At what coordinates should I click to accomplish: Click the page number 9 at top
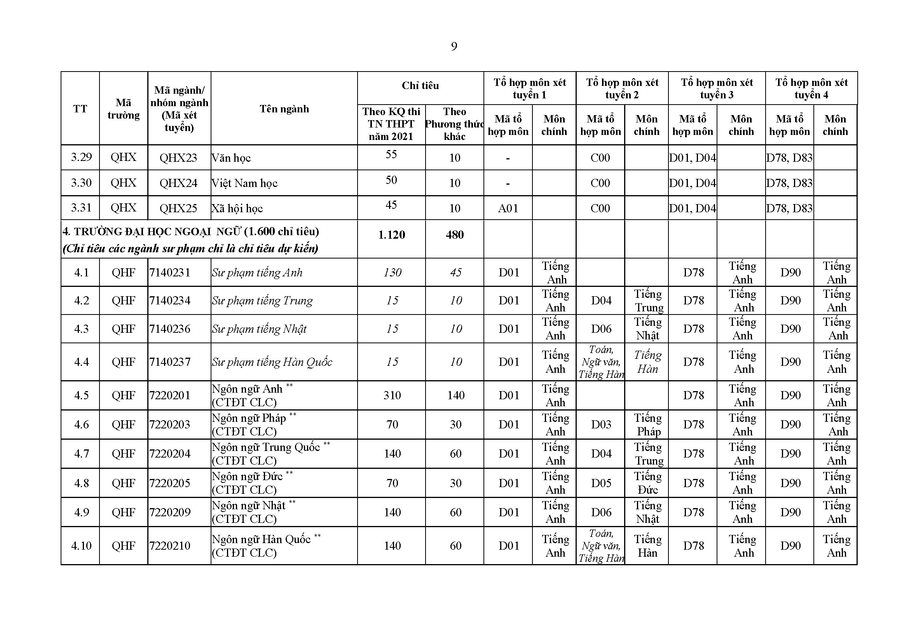(x=454, y=47)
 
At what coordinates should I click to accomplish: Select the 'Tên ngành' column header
(x=284, y=109)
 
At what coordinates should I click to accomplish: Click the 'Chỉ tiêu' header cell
(x=420, y=86)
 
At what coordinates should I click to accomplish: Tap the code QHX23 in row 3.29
(x=178, y=158)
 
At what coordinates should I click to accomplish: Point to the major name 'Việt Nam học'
(x=244, y=183)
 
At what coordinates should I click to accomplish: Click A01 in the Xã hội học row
(x=508, y=208)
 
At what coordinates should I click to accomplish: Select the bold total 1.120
(x=392, y=235)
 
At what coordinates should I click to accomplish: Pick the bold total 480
(x=455, y=235)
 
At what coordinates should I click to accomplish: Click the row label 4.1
(x=81, y=273)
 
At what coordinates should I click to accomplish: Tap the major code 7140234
(x=170, y=301)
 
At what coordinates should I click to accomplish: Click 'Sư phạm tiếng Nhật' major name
(x=259, y=329)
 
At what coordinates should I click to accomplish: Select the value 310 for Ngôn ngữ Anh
(x=392, y=395)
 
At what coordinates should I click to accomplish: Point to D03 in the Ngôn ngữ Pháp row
(x=601, y=425)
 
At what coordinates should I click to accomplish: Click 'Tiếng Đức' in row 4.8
(x=648, y=483)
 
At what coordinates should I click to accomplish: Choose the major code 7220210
(x=170, y=545)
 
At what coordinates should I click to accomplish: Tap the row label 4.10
(x=81, y=545)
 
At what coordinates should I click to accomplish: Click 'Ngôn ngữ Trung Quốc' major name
(x=266, y=447)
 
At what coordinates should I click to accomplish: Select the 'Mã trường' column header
(x=124, y=109)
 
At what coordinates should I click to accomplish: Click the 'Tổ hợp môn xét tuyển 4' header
(x=811, y=88)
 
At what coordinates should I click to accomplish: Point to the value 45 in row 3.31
(x=391, y=205)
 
